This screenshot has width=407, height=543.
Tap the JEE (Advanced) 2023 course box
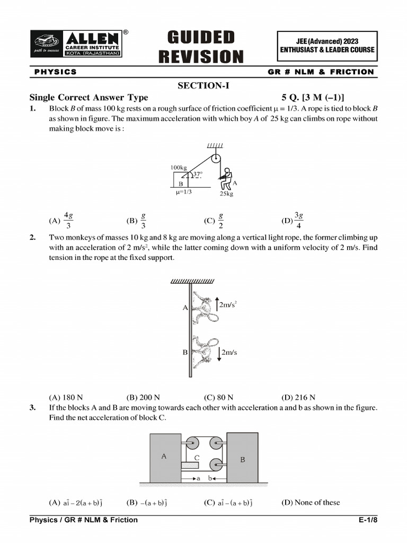327,46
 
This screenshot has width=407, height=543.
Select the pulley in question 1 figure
216,159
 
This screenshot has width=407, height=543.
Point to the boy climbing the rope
226,179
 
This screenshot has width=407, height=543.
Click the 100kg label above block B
178,168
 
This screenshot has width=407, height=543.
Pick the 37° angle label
197,174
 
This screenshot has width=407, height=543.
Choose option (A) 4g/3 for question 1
61,220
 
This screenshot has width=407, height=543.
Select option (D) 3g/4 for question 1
293,220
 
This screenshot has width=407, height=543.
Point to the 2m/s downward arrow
218,353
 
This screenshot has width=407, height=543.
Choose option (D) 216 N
298,397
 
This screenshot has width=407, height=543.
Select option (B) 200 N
143,397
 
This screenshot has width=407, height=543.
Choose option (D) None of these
310,502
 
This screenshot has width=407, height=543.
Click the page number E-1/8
368,520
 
